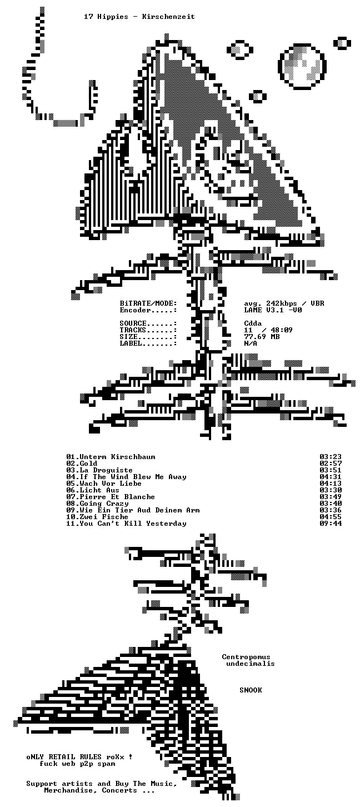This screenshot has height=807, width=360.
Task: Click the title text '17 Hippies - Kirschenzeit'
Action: click(139, 17)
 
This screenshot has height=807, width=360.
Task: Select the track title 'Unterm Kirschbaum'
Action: click(117, 457)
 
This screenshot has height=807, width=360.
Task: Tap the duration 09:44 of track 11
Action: click(331, 524)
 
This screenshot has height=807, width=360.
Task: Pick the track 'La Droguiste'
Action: click(106, 470)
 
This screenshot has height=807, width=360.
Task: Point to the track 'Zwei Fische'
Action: click(104, 517)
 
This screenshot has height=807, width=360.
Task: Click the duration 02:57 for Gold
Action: click(331, 464)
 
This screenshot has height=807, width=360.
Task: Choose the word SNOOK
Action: click(251, 690)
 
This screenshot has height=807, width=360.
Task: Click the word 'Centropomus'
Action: click(246, 657)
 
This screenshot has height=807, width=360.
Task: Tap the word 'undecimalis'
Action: click(251, 664)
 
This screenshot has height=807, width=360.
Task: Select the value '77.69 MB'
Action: click(262, 336)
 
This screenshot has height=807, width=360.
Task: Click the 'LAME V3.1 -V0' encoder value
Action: click(273, 310)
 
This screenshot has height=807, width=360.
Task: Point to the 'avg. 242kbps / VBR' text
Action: click(284, 303)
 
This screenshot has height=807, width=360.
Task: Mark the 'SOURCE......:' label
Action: click(148, 323)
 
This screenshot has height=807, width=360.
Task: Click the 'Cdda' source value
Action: click(253, 323)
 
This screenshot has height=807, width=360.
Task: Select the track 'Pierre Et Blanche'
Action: click(117, 497)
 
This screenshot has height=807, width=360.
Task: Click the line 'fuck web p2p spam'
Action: click(77, 764)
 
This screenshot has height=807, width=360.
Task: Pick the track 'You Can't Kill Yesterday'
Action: click(133, 524)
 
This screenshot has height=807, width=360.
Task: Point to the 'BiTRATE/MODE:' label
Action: click(148, 303)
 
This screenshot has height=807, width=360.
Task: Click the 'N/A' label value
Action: click(251, 343)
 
